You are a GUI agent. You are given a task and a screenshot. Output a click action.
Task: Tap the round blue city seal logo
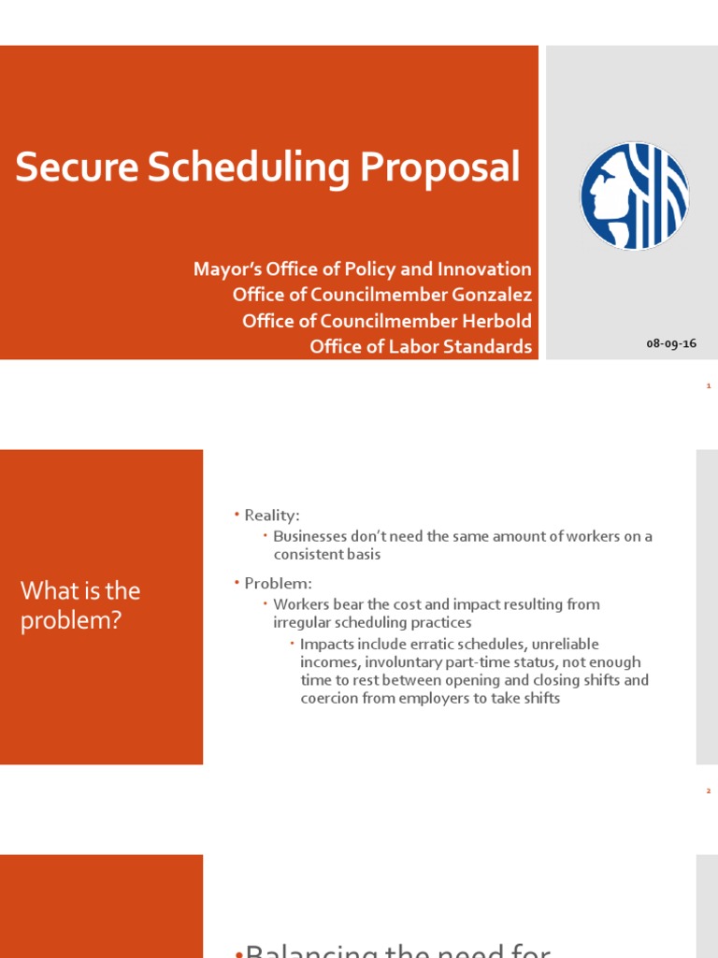click(x=635, y=196)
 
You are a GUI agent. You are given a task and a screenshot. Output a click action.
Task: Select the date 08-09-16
click(x=671, y=343)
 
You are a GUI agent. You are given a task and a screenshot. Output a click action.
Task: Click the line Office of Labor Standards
click(x=420, y=347)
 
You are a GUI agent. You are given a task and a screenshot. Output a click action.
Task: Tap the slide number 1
click(x=709, y=385)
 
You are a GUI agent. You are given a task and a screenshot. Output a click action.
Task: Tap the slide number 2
click(x=709, y=791)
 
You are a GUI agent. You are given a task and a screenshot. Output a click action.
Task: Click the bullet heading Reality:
click(x=271, y=515)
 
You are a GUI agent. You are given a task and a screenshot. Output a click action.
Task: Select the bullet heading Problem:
click(x=278, y=584)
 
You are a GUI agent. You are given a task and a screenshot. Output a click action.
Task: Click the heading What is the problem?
click(x=80, y=604)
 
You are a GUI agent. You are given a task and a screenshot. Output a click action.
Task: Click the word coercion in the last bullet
click(x=331, y=698)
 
